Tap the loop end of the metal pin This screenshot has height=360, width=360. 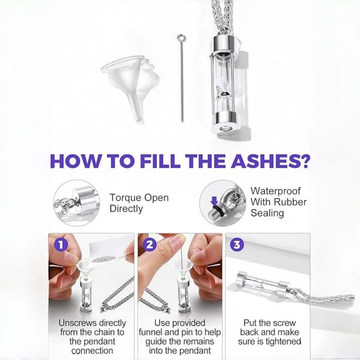pos(181,37)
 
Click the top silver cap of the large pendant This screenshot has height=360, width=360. pos(224,44)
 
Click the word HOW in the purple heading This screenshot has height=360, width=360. pos(75,161)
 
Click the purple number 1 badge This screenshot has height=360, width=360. pos(61,245)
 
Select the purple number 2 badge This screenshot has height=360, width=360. pos(149,245)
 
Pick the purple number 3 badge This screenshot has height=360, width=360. pos(237,245)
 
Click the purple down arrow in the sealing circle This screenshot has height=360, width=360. pos(214,202)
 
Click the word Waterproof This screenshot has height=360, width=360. pos(275,191)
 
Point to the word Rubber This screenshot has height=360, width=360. pos(290,202)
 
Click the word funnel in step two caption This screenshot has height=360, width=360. pos(152,332)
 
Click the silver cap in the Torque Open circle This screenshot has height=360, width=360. pos(86,200)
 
